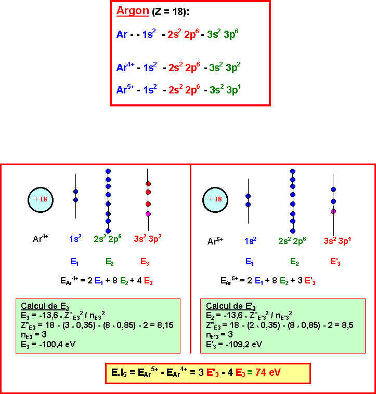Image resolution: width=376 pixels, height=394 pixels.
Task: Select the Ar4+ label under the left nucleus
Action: tap(41, 239)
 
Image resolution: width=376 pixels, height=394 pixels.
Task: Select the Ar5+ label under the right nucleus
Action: tap(215, 241)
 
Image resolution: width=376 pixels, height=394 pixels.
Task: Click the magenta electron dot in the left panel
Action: tap(148, 214)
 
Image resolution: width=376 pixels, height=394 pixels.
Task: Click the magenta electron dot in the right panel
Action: tap(333, 211)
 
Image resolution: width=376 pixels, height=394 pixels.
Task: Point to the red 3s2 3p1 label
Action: tap(336, 240)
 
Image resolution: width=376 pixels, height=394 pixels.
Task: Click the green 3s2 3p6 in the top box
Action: tap(224, 35)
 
